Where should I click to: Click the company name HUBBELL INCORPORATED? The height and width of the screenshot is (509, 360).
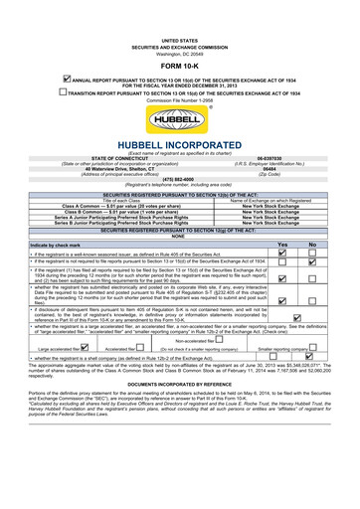[179, 144]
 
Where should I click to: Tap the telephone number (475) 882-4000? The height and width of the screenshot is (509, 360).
[179, 179]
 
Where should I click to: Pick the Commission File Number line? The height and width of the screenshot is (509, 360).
[179, 100]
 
